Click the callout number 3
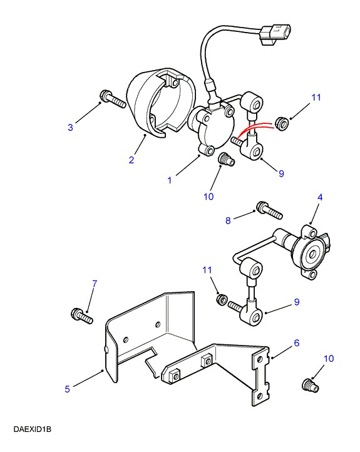70,127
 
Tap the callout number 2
131,160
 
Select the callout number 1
170,180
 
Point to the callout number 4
320,197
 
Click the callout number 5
67,389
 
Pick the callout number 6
297,342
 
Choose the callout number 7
95,284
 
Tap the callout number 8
228,220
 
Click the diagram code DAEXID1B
33,429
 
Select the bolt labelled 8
269,210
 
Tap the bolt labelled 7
81,316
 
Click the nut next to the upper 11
281,124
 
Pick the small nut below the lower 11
222,299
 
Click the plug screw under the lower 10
311,385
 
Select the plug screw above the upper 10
227,160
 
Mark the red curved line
254,129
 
